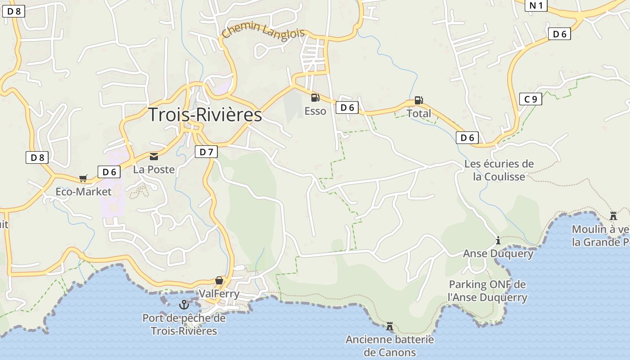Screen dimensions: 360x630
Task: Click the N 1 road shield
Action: (536, 5)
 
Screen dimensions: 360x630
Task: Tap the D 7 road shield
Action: (206, 152)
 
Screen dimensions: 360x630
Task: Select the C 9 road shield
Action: (531, 99)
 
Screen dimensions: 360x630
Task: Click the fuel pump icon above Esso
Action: (315, 97)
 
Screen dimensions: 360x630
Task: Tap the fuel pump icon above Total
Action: (418, 100)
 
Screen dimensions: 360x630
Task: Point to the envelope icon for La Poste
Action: (154, 157)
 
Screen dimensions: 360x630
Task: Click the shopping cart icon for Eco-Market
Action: (83, 179)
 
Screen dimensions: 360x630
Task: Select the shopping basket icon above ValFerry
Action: (219, 280)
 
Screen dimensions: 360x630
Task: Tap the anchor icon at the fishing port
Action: (184, 305)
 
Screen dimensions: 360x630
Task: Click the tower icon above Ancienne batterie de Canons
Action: (390, 326)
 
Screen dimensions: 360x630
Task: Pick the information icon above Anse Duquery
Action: (498, 241)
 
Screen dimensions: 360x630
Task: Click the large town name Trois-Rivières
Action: (205, 115)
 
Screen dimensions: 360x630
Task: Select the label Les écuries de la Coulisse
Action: (499, 170)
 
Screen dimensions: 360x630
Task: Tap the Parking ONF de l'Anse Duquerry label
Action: (487, 291)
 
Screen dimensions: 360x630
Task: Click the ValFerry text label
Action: (219, 294)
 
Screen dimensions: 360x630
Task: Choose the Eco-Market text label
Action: (83, 192)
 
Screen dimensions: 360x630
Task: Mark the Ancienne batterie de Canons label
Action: (390, 346)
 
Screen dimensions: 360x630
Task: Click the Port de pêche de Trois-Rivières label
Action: (184, 324)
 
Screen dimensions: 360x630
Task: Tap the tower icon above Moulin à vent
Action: (613, 216)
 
